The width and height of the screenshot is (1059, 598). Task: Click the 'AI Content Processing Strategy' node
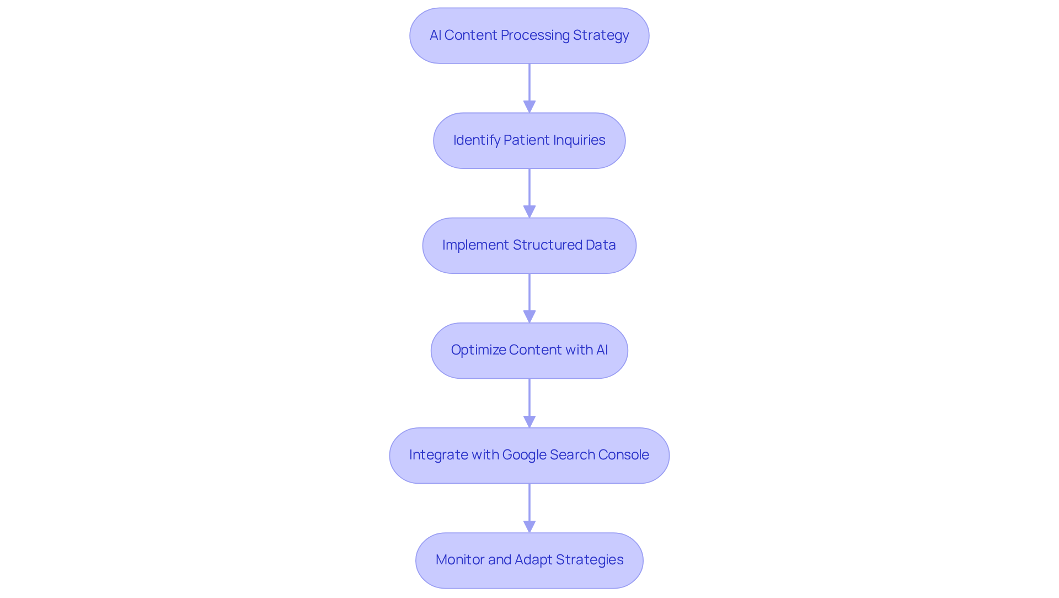tap(529, 36)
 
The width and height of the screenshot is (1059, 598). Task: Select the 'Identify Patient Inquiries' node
tap(529, 141)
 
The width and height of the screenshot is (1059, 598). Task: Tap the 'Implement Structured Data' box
tap(529, 246)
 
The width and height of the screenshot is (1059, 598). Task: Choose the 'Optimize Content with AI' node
tap(529, 351)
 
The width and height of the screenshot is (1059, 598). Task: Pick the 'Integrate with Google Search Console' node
tap(529, 456)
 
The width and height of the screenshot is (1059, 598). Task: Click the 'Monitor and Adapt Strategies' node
tap(529, 560)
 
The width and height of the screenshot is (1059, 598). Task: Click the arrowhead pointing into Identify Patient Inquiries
tap(529, 107)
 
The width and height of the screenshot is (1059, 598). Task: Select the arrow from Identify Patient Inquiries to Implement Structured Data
tap(529, 190)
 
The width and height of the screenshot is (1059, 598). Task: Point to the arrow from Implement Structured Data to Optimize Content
tap(529, 295)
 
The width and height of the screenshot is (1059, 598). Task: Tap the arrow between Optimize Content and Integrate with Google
tap(529, 400)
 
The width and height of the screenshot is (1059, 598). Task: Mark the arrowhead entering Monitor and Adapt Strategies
tap(529, 526)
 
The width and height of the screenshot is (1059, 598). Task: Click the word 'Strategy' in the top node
tap(601, 35)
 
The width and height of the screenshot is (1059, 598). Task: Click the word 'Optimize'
tap(478, 350)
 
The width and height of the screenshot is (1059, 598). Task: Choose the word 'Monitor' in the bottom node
tap(460, 560)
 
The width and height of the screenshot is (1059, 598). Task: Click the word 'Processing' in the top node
tap(535, 35)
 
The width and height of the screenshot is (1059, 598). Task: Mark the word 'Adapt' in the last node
tap(533, 560)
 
